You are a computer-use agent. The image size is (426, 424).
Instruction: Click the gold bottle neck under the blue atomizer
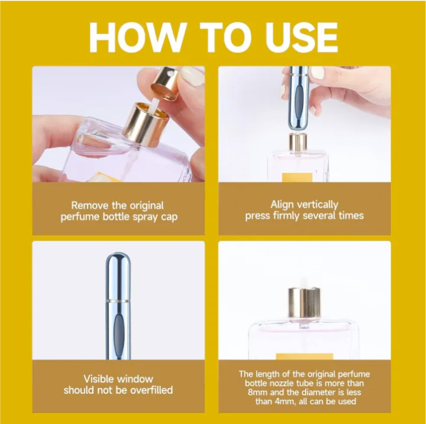[x=298, y=143]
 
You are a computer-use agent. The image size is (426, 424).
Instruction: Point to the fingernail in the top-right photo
[x=318, y=73]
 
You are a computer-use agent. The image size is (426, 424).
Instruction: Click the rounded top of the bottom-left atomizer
[x=118, y=262]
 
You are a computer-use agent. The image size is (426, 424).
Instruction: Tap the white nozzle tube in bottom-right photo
[x=301, y=280]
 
